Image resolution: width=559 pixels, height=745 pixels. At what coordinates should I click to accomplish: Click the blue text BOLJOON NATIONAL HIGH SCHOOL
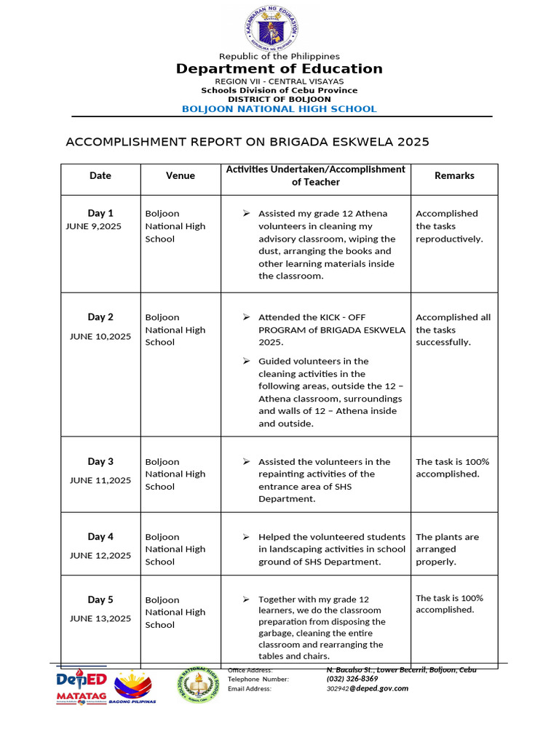click(279, 109)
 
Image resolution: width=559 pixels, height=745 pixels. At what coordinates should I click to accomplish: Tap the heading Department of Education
click(279, 69)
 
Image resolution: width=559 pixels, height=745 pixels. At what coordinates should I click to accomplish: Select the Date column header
click(100, 175)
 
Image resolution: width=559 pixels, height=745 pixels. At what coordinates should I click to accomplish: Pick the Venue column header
click(181, 175)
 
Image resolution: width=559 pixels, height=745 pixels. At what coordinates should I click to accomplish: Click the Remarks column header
click(454, 175)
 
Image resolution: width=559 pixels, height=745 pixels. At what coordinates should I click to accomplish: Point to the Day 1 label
click(100, 213)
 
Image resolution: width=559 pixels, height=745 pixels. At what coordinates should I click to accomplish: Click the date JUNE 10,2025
click(100, 336)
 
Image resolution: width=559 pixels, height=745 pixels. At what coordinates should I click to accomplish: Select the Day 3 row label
click(100, 461)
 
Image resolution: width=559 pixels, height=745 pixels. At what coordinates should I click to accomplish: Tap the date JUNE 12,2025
click(100, 555)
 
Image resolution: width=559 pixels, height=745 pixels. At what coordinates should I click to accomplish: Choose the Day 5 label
click(100, 599)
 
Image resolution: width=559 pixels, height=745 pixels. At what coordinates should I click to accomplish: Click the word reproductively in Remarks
click(449, 239)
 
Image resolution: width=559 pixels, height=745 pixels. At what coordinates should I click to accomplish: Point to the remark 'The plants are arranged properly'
click(447, 549)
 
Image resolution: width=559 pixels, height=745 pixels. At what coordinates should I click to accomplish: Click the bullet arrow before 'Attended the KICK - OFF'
click(247, 317)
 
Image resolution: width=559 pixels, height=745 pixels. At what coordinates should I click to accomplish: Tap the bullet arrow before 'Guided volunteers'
click(247, 361)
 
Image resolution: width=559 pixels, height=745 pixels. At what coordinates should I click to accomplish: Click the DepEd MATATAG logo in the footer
click(82, 686)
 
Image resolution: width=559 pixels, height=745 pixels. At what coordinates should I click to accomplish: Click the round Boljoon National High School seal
click(197, 685)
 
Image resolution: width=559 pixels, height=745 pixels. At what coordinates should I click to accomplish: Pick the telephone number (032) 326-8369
click(352, 679)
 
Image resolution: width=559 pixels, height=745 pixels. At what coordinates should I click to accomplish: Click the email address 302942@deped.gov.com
click(368, 688)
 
